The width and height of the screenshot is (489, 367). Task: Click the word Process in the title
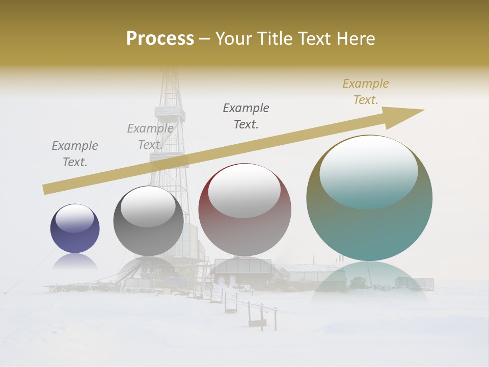[x=160, y=39]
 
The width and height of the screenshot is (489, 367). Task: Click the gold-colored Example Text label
[x=366, y=92]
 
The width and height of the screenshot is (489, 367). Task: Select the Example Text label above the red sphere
[x=246, y=116]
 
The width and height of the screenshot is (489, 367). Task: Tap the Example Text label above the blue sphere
[x=75, y=154]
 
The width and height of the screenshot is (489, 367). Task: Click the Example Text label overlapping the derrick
[x=150, y=137]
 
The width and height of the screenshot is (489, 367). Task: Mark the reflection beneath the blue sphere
[x=75, y=262]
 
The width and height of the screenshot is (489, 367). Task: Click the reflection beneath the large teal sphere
[x=369, y=278]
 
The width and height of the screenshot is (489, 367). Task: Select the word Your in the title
[x=234, y=39]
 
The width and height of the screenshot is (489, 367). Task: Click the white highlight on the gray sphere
[x=148, y=206]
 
